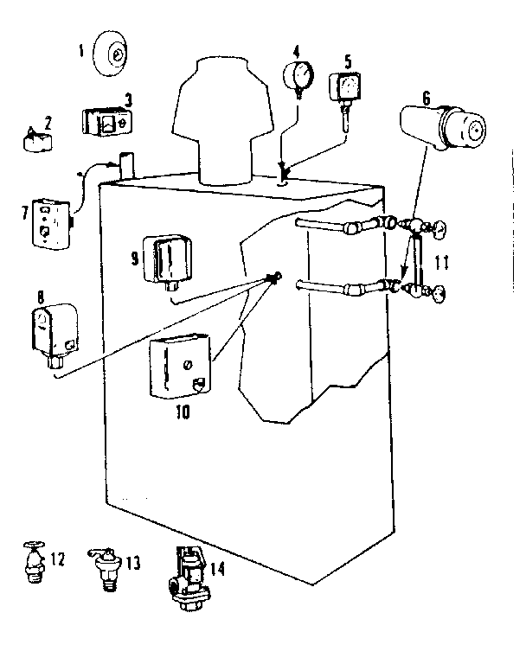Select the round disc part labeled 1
coord(113,54)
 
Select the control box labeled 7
coord(48,222)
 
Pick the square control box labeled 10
coord(179,369)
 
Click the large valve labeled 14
coord(187,579)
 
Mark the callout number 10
coord(181,412)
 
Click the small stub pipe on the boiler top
coord(126,164)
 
